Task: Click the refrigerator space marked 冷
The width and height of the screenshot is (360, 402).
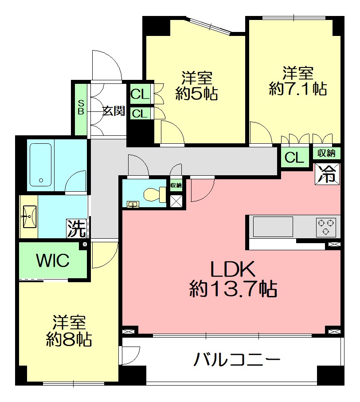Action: coord(327,173)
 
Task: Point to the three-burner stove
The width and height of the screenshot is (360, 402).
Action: coord(326,227)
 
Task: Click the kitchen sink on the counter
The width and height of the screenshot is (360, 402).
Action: coord(273,227)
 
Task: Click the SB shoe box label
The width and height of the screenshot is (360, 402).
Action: coord(81,107)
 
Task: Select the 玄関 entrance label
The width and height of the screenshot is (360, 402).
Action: coord(114,111)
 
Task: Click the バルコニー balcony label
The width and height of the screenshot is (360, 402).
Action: coord(237,359)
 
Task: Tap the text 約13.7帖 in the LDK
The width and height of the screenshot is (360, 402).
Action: coord(233,289)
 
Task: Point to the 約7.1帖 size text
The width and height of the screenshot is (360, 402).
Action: coord(298,89)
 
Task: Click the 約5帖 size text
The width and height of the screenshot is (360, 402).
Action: coord(196,94)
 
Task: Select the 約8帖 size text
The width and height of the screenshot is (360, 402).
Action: coord(69,339)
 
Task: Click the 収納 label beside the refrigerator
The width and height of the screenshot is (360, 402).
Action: coord(326,154)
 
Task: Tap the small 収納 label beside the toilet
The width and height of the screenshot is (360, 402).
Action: coord(176,185)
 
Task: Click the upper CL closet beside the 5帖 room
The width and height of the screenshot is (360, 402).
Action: coord(140,95)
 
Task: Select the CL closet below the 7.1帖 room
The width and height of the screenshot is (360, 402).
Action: coord(294,157)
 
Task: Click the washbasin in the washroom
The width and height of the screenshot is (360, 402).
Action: coord(29,217)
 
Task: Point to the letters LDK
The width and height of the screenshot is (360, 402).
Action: coord(232,269)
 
